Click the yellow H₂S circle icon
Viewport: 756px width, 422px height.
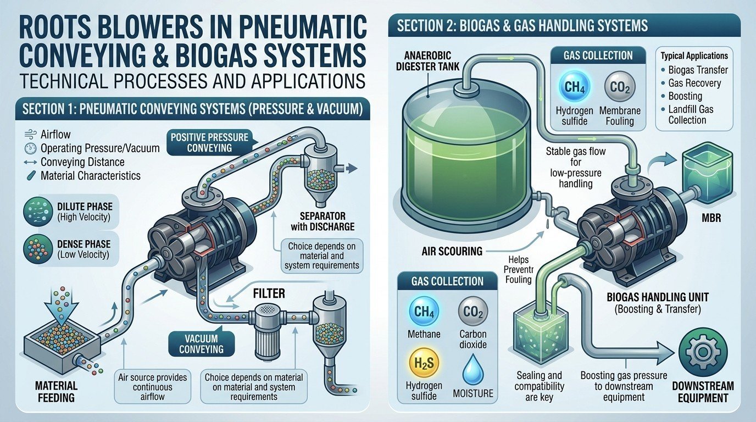[x=424, y=364]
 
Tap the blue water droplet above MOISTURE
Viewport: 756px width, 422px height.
[x=473, y=369]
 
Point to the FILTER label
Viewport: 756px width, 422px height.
[x=269, y=294]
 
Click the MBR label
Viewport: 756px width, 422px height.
[x=711, y=218]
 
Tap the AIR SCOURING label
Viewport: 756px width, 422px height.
[x=452, y=251]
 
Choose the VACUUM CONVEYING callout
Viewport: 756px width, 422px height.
[x=201, y=343]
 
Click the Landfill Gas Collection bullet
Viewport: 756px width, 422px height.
[x=687, y=114]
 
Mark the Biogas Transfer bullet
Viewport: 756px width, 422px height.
[x=694, y=70]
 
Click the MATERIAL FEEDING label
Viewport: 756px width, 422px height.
[x=56, y=392]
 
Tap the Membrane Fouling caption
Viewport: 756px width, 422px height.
[x=620, y=116]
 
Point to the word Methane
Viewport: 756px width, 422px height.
[x=424, y=334]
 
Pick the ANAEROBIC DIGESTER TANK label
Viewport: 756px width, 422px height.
[x=427, y=60]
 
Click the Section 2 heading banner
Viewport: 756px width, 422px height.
[x=564, y=25]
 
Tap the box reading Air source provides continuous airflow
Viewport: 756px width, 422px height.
[x=153, y=386]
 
